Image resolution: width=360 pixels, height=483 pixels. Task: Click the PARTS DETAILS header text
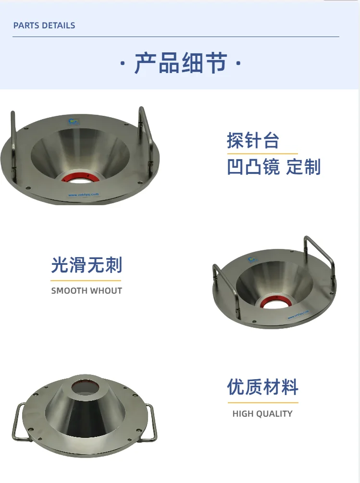[44, 25]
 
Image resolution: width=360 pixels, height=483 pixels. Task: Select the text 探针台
[253, 141]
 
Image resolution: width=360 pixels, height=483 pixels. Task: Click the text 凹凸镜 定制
[273, 167]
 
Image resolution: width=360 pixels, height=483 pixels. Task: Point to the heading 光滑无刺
[87, 265]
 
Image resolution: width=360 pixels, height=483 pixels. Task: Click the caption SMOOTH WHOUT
[87, 291]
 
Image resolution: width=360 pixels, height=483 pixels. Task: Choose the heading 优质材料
[263, 387]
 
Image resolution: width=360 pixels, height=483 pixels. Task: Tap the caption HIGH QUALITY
[262, 414]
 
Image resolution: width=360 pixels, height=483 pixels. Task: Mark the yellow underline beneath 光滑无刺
[86, 280]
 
